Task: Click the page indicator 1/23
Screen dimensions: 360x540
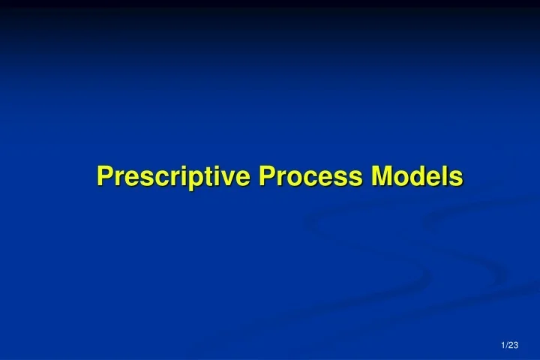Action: [x=510, y=345]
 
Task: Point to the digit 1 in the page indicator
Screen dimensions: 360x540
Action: [x=503, y=345]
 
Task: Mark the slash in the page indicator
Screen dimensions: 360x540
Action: [x=507, y=345]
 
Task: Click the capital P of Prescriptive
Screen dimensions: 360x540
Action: [x=104, y=177]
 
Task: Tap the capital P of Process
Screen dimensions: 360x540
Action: [x=267, y=177]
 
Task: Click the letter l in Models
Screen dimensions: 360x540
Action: [x=445, y=177]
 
